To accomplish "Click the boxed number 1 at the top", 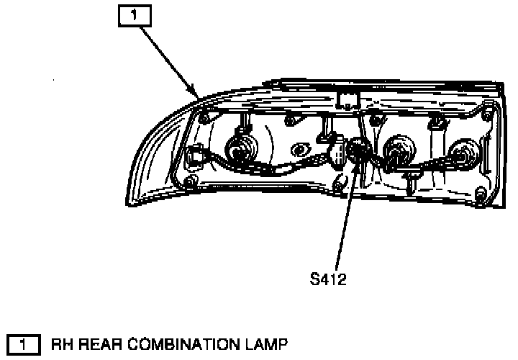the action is click(x=134, y=14).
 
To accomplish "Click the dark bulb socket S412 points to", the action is click(x=357, y=150).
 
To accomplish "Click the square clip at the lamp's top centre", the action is click(x=349, y=99).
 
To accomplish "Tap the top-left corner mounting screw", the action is click(x=204, y=116).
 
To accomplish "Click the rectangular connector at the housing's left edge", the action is click(x=194, y=156).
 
